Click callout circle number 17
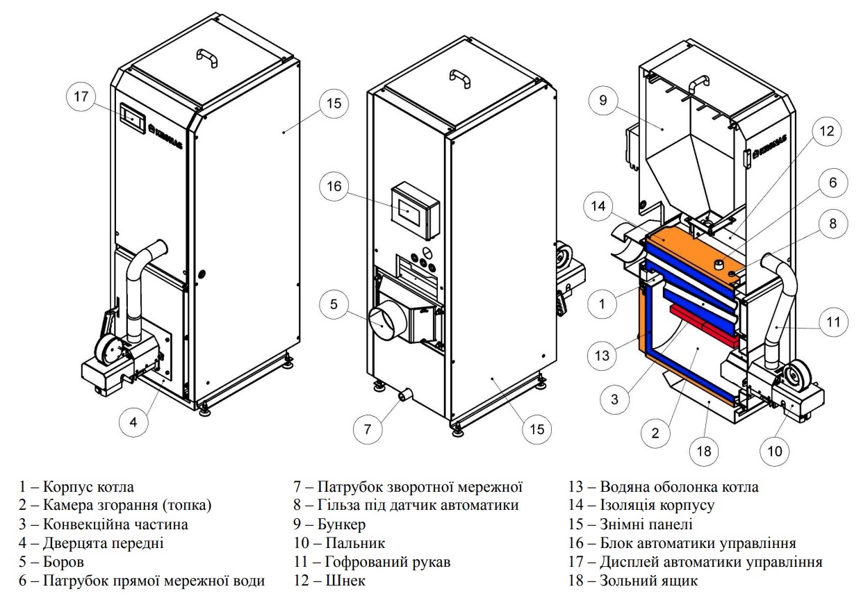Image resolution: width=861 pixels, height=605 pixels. pos(81,97)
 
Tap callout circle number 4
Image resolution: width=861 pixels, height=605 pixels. pos(133,422)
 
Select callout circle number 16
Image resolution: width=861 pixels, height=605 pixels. pos(334,186)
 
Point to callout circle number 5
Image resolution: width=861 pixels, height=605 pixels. pos(334,304)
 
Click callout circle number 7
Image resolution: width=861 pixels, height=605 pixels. pos(368,429)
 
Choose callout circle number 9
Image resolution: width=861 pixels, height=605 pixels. pos(602,100)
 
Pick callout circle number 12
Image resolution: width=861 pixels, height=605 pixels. pos(827,131)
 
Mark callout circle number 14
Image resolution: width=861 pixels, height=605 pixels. pos(598,206)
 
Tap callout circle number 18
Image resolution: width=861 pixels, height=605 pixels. pos(704,451)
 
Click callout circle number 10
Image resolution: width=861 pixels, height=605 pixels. pos(775,451)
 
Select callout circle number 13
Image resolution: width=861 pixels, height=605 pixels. pos(602,356)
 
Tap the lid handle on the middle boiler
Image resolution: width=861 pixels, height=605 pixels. pos(460,79)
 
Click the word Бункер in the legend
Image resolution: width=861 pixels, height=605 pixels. pos(341,524)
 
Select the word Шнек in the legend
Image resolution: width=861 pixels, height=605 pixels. pos(345,581)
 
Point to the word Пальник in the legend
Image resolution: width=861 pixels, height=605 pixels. pos(355,542)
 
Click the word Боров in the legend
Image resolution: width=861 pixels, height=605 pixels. pos(63,562)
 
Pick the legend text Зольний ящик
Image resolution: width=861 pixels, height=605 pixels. pos(648,581)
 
